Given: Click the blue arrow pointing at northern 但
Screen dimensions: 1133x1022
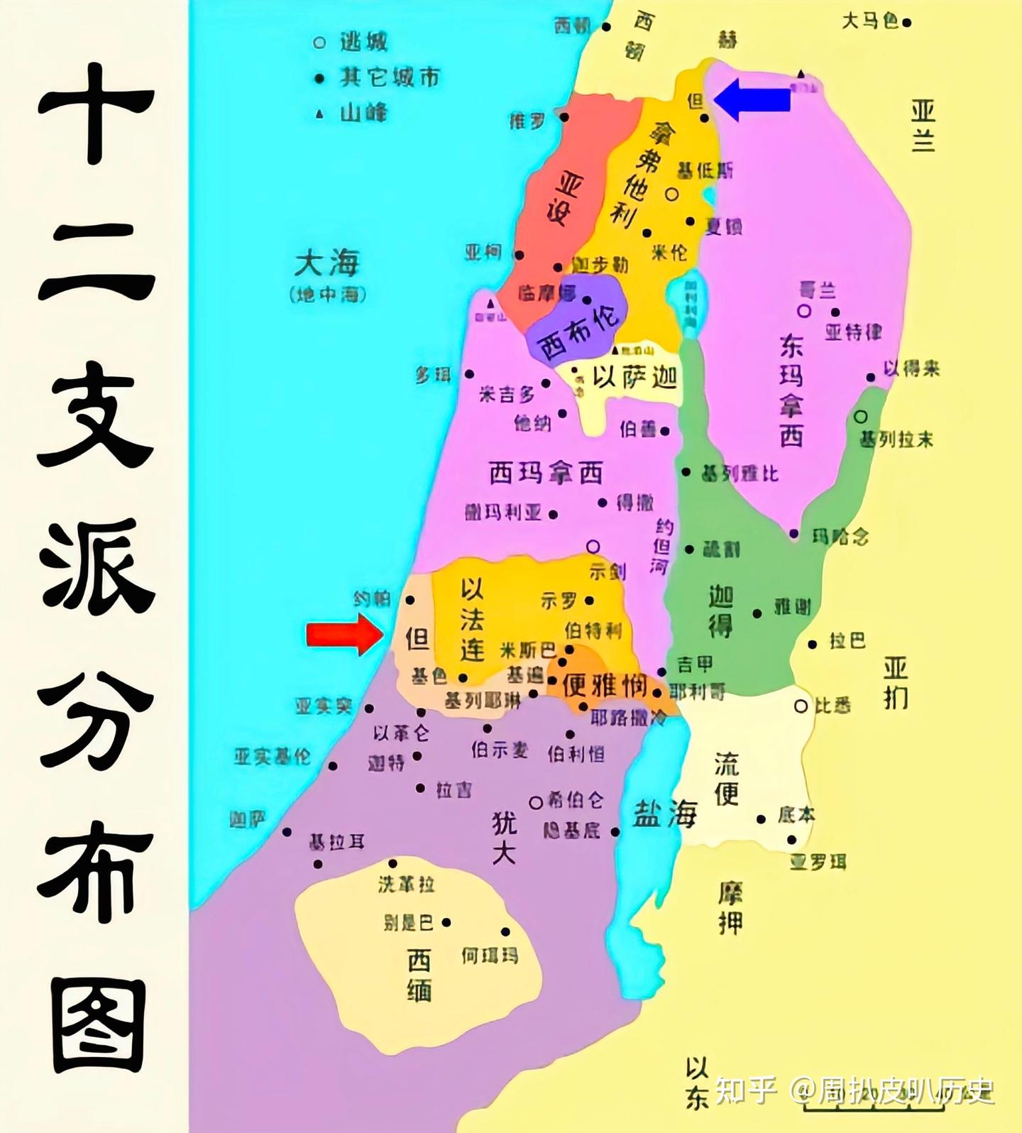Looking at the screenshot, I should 752,99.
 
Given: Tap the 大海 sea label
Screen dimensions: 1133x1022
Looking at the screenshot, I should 327,264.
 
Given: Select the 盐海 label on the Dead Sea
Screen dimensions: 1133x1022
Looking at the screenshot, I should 665,814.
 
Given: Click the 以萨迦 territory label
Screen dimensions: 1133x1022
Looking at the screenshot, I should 634,377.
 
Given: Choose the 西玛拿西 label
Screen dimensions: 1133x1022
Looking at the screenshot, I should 546,473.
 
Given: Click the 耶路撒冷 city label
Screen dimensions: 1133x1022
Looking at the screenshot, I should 629,718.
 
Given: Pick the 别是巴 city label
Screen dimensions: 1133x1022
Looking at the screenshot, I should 408,923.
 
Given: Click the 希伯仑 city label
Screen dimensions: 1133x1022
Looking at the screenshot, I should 576,801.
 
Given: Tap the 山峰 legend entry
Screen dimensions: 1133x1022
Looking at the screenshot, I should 363,112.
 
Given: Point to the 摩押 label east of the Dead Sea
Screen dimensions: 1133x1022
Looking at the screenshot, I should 730,909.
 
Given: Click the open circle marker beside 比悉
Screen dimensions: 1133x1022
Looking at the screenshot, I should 801,706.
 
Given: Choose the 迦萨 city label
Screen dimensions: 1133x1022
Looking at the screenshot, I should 248,820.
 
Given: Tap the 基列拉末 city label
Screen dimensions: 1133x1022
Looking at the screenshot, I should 896,440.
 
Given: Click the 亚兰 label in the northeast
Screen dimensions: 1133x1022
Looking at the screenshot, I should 923,126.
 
